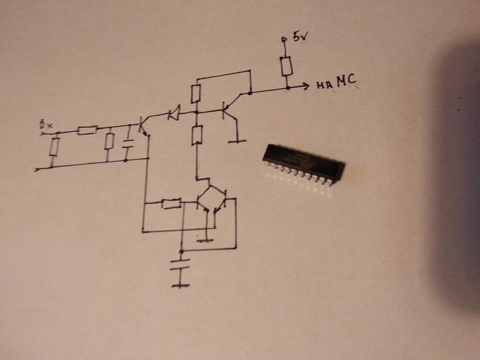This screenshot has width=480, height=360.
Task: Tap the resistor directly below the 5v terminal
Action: point(286,66)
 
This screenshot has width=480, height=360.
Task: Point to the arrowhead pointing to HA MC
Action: point(304,86)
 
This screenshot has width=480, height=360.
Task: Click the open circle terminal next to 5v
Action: point(284,40)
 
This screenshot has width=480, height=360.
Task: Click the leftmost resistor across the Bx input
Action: point(54,146)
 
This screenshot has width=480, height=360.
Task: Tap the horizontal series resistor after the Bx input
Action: point(86,130)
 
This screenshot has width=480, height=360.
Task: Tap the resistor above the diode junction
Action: point(196,93)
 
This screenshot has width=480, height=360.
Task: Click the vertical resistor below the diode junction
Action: point(196,136)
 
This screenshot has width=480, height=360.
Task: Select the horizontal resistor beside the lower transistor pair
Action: point(172,203)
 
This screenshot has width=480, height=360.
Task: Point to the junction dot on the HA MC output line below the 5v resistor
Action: point(286,86)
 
